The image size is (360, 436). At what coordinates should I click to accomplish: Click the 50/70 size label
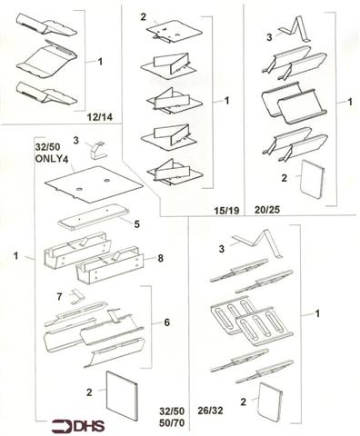[x=169, y=424]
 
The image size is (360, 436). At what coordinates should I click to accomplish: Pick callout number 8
[x=160, y=259]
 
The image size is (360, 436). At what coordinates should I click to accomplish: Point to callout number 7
[x=61, y=295]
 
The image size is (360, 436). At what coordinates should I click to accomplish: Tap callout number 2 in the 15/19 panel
[x=143, y=18]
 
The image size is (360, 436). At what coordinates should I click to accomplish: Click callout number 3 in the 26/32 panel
[x=220, y=248]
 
